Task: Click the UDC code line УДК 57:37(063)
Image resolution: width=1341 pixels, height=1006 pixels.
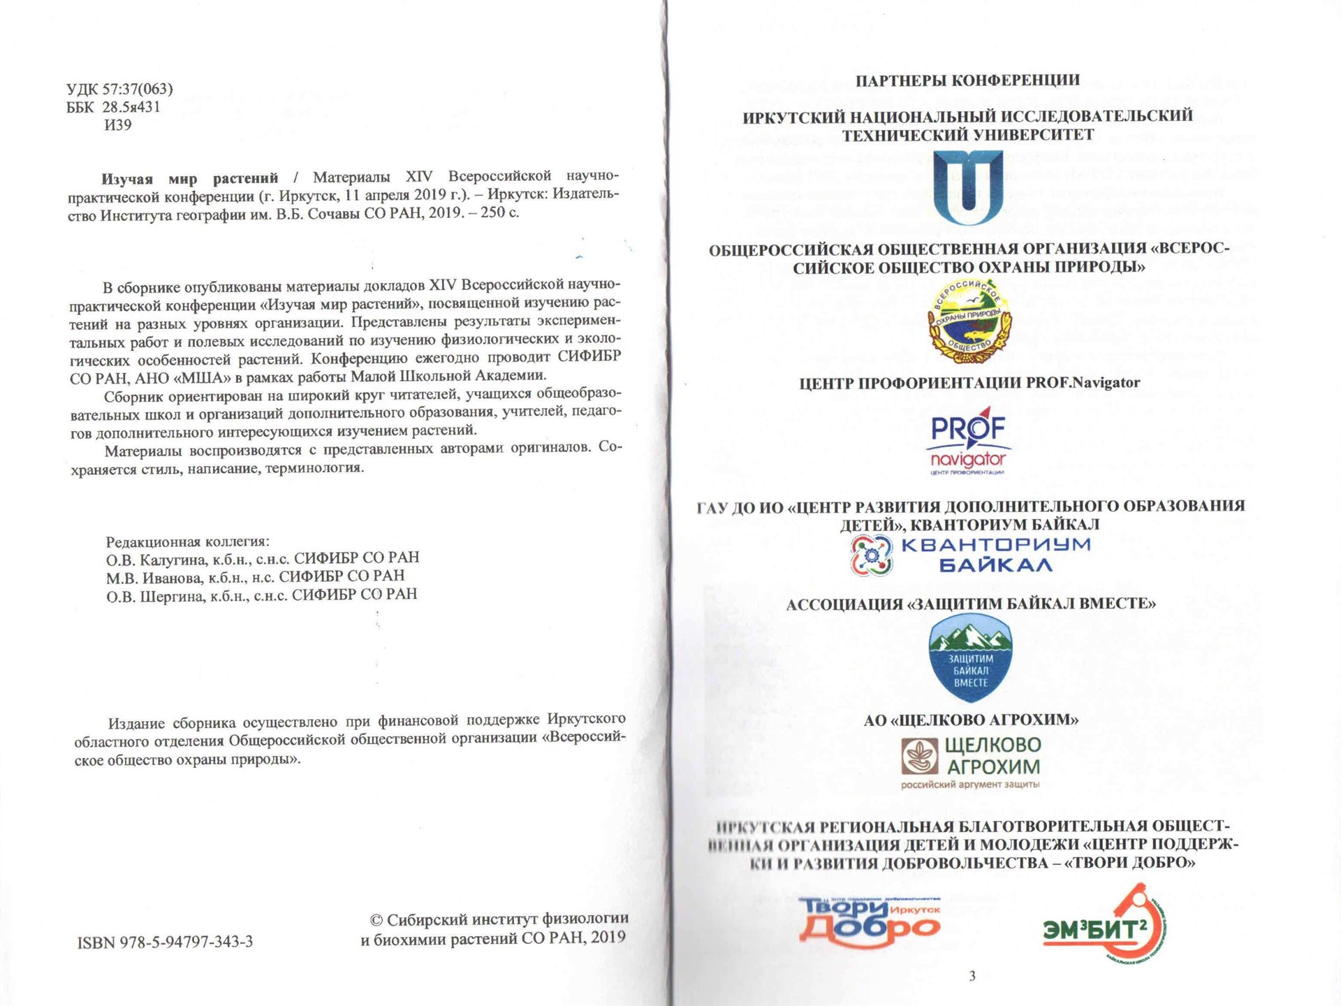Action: click(119, 89)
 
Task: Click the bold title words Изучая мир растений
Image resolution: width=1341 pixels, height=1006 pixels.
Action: click(189, 179)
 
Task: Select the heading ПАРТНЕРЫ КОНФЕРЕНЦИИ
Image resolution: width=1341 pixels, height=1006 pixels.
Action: click(967, 80)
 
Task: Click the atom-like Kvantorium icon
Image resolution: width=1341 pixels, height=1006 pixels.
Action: click(872, 555)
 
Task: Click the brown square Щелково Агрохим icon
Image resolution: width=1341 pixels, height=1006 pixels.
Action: click(919, 757)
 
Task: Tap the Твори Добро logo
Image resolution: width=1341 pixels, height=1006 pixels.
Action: click(870, 922)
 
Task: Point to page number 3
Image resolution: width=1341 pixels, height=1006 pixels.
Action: click(972, 976)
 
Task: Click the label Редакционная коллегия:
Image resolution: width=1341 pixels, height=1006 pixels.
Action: click(187, 541)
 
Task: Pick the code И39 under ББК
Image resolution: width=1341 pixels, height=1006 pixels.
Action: click(117, 125)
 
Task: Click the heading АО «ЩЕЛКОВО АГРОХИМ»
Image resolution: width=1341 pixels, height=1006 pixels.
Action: click(971, 720)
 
